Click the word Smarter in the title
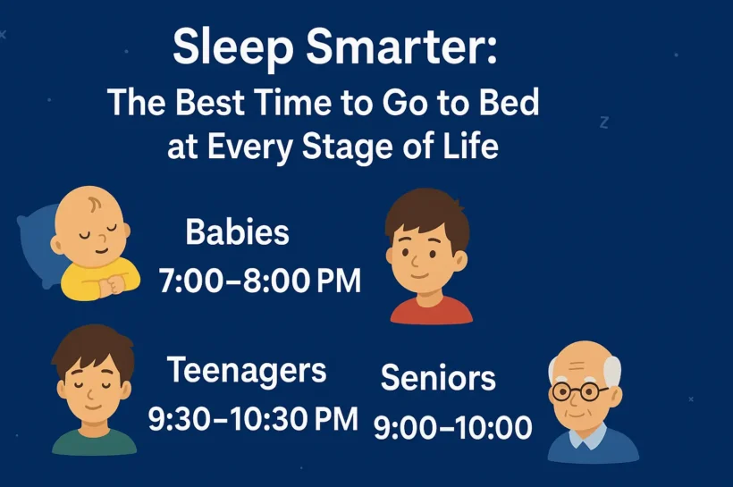click(401, 46)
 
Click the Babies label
click(237, 231)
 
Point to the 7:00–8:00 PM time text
click(260, 281)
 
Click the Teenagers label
click(247, 371)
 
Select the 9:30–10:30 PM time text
click(253, 418)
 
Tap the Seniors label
click(438, 378)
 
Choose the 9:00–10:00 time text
click(453, 427)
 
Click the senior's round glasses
click(578, 391)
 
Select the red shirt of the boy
click(431, 311)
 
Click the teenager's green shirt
click(94, 443)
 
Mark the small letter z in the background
click(604, 122)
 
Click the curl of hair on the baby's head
click(94, 204)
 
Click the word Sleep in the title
click(232, 47)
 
